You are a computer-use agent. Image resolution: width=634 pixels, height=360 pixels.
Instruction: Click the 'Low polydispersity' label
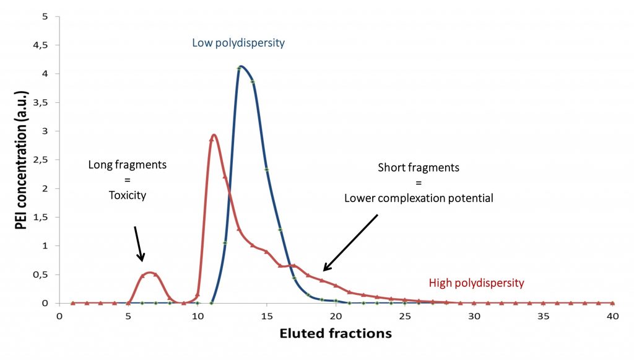click(x=238, y=43)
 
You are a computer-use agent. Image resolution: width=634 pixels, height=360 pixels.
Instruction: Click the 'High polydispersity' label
click(x=476, y=283)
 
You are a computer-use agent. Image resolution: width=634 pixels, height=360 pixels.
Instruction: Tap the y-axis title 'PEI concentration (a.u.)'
click(x=21, y=165)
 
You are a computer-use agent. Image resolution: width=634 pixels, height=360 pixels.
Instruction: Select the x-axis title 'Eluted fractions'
click(x=336, y=333)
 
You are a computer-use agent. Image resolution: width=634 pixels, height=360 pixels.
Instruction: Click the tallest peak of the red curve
click(x=213, y=135)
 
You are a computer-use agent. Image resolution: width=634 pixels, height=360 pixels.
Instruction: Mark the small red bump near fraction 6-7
click(x=150, y=272)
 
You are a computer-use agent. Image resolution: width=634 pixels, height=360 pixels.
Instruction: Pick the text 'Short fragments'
click(x=418, y=167)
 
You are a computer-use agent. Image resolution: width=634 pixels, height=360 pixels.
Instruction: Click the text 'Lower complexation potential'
click(x=419, y=198)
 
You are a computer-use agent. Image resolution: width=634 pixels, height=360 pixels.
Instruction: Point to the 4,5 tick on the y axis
click(x=45, y=45)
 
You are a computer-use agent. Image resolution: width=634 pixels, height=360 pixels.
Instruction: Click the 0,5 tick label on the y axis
click(x=45, y=274)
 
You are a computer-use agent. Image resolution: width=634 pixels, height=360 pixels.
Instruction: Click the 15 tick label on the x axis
click(x=266, y=315)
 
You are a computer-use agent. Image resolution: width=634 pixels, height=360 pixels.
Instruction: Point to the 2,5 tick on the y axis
click(x=45, y=160)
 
